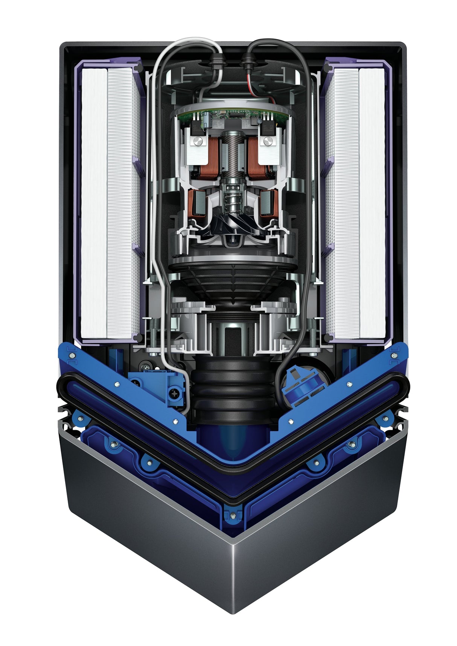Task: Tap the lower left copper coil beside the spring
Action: click(196, 205)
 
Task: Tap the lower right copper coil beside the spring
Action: click(269, 205)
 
